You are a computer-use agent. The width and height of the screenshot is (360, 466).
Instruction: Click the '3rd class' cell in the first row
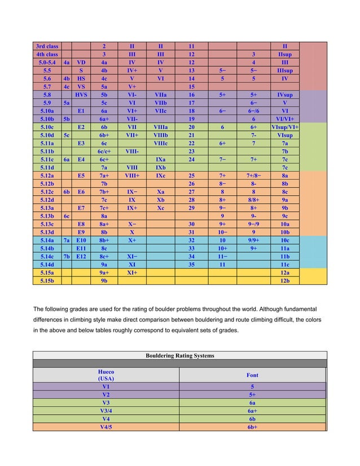[47, 46]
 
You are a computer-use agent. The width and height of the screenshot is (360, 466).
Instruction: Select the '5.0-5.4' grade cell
[47, 63]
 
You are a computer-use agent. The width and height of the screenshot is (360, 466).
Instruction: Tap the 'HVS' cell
[81, 96]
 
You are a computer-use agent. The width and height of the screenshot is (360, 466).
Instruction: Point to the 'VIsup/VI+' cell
[285, 128]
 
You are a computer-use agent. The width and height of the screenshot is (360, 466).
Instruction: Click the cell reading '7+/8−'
[253, 175]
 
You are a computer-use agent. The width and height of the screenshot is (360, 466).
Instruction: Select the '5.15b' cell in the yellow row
[47, 280]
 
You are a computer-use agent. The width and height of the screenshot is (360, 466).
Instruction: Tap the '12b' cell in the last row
[285, 280]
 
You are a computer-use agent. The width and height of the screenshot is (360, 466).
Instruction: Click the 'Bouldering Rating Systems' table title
[179, 355]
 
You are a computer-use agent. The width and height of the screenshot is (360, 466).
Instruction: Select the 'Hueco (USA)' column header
[106, 375]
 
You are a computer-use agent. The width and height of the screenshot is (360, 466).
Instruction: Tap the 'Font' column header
[252, 375]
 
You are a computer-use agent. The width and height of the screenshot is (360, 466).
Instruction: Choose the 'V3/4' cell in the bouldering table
[106, 411]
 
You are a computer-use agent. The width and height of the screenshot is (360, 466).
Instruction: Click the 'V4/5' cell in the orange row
[106, 427]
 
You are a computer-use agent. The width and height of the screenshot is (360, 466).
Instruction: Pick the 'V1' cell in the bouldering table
[106, 387]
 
